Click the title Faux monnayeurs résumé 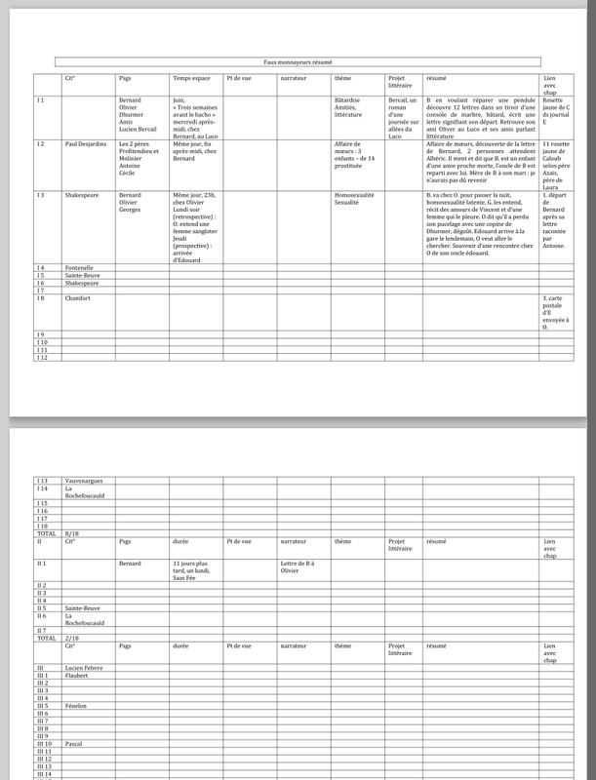coord(298,60)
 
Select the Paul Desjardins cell coord(85,143)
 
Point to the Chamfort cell coord(78,297)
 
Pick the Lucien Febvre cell coord(85,667)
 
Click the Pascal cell coord(73,743)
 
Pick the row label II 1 coord(42,564)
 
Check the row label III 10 coord(44,743)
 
